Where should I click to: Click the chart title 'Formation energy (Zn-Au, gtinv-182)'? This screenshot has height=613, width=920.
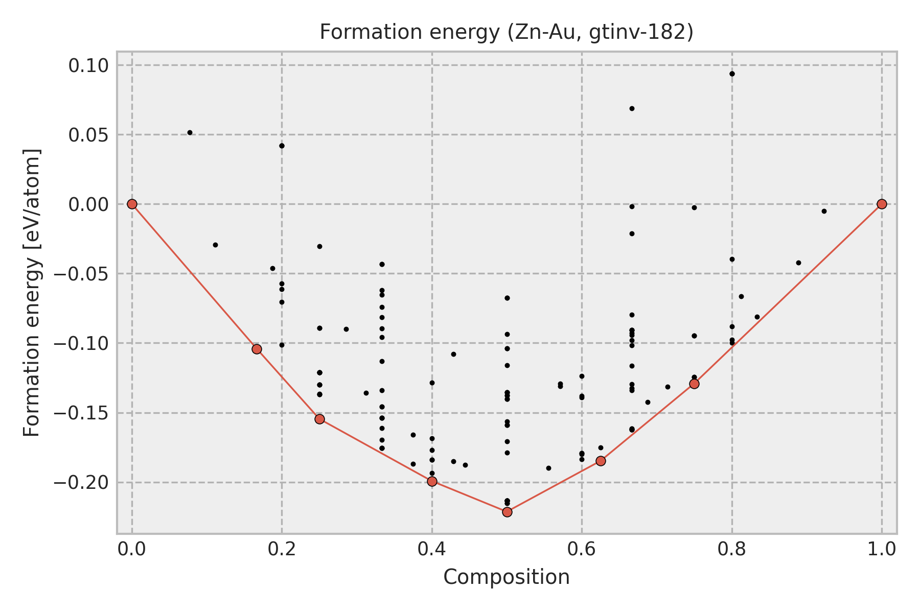tap(506, 33)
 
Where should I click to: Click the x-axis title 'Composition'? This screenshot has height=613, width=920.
tap(506, 577)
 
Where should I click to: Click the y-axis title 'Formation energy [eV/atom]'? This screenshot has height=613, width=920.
tap(32, 292)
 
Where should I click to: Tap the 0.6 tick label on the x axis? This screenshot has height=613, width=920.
tap(582, 549)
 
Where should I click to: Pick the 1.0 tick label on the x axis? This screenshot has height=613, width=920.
tap(881, 549)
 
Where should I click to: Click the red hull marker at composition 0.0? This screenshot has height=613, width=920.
tap(132, 204)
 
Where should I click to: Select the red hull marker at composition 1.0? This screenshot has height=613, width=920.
tap(881, 204)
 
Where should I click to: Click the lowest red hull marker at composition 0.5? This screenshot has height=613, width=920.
tap(507, 512)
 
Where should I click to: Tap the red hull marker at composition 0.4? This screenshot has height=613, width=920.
tap(432, 481)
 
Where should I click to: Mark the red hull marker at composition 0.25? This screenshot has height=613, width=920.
tap(319, 419)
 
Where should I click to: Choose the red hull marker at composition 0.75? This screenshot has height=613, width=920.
tap(694, 384)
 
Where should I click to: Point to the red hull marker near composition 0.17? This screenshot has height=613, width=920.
tap(257, 349)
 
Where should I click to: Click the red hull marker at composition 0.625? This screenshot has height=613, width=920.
tap(601, 461)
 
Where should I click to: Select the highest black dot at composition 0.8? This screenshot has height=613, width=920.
tap(732, 74)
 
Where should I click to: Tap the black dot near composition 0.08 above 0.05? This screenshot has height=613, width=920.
tap(190, 132)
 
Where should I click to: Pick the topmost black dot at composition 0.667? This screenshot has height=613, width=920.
tap(632, 108)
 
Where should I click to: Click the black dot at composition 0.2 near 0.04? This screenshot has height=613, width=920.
tap(282, 146)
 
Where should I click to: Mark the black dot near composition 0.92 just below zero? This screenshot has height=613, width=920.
tap(824, 211)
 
